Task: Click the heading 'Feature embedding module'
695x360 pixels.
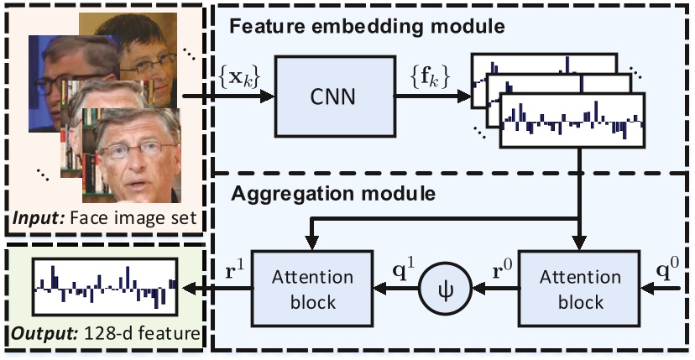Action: pos(366,26)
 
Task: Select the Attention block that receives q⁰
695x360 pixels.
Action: pos(570,289)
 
